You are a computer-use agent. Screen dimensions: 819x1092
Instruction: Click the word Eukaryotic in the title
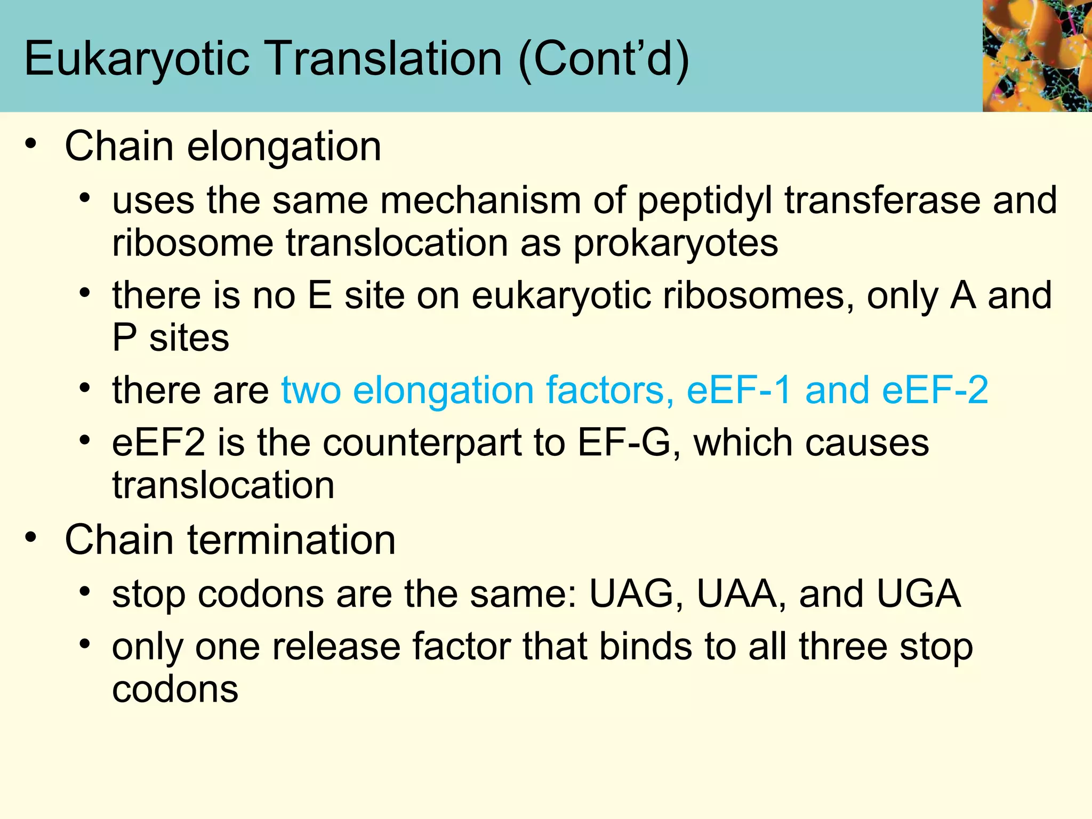[x=137, y=59]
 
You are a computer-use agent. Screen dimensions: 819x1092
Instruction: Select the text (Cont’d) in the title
[x=604, y=59]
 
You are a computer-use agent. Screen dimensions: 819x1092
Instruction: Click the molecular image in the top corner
[x=1037, y=55]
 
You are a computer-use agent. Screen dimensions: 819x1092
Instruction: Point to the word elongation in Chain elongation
[x=284, y=147]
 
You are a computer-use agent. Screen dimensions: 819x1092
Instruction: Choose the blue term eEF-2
[x=935, y=390]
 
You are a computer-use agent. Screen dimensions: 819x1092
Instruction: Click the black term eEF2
[x=158, y=443]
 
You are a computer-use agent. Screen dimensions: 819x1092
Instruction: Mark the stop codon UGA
[x=919, y=593]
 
